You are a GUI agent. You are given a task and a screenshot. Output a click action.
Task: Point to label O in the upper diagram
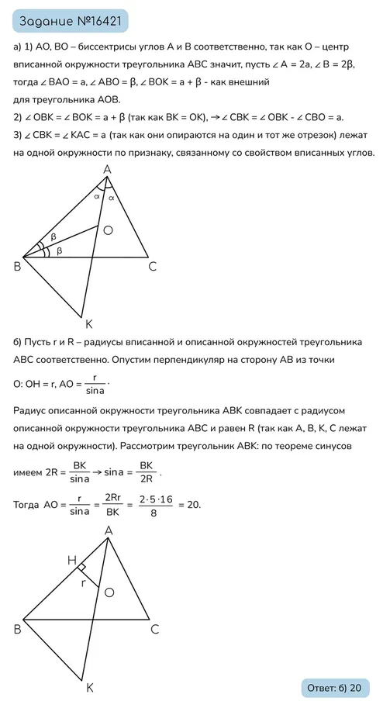108,230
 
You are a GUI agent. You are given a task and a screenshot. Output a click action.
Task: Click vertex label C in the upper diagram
153,267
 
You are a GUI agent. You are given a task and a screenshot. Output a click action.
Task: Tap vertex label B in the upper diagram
17,267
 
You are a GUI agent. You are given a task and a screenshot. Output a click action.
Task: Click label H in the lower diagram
71,559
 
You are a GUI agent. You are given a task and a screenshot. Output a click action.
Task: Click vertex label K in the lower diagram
89,687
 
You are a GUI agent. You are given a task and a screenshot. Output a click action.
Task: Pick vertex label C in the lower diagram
154,629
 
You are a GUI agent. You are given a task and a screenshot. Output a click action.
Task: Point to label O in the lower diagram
109,592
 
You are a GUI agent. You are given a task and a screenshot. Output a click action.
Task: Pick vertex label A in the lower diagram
109,530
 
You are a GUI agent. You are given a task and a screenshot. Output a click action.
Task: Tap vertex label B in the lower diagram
17,629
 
